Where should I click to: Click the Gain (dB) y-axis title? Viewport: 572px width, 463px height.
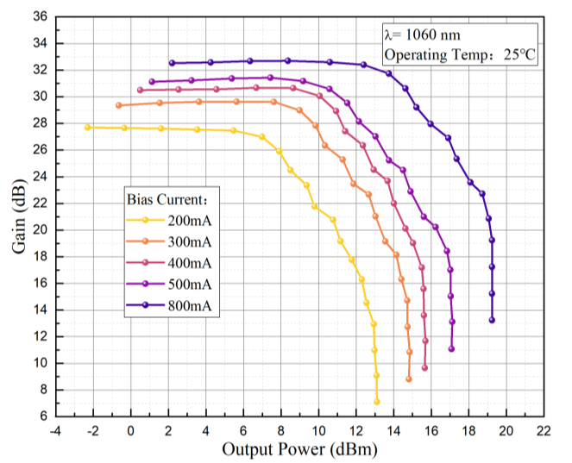(19, 216)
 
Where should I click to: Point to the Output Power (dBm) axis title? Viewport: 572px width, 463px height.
(299, 449)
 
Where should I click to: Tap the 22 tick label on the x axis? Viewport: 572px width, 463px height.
(544, 430)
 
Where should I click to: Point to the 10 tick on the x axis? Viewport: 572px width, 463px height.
(318, 430)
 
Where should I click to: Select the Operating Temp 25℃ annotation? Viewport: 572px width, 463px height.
(460, 54)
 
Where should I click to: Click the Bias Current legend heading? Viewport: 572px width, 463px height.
(171, 198)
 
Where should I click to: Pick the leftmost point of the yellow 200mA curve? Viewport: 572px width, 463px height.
(88, 127)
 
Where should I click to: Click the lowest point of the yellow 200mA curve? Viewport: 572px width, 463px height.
(377, 402)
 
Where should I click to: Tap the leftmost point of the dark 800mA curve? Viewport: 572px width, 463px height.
(172, 63)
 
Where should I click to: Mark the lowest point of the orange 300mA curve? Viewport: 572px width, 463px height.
(409, 379)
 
